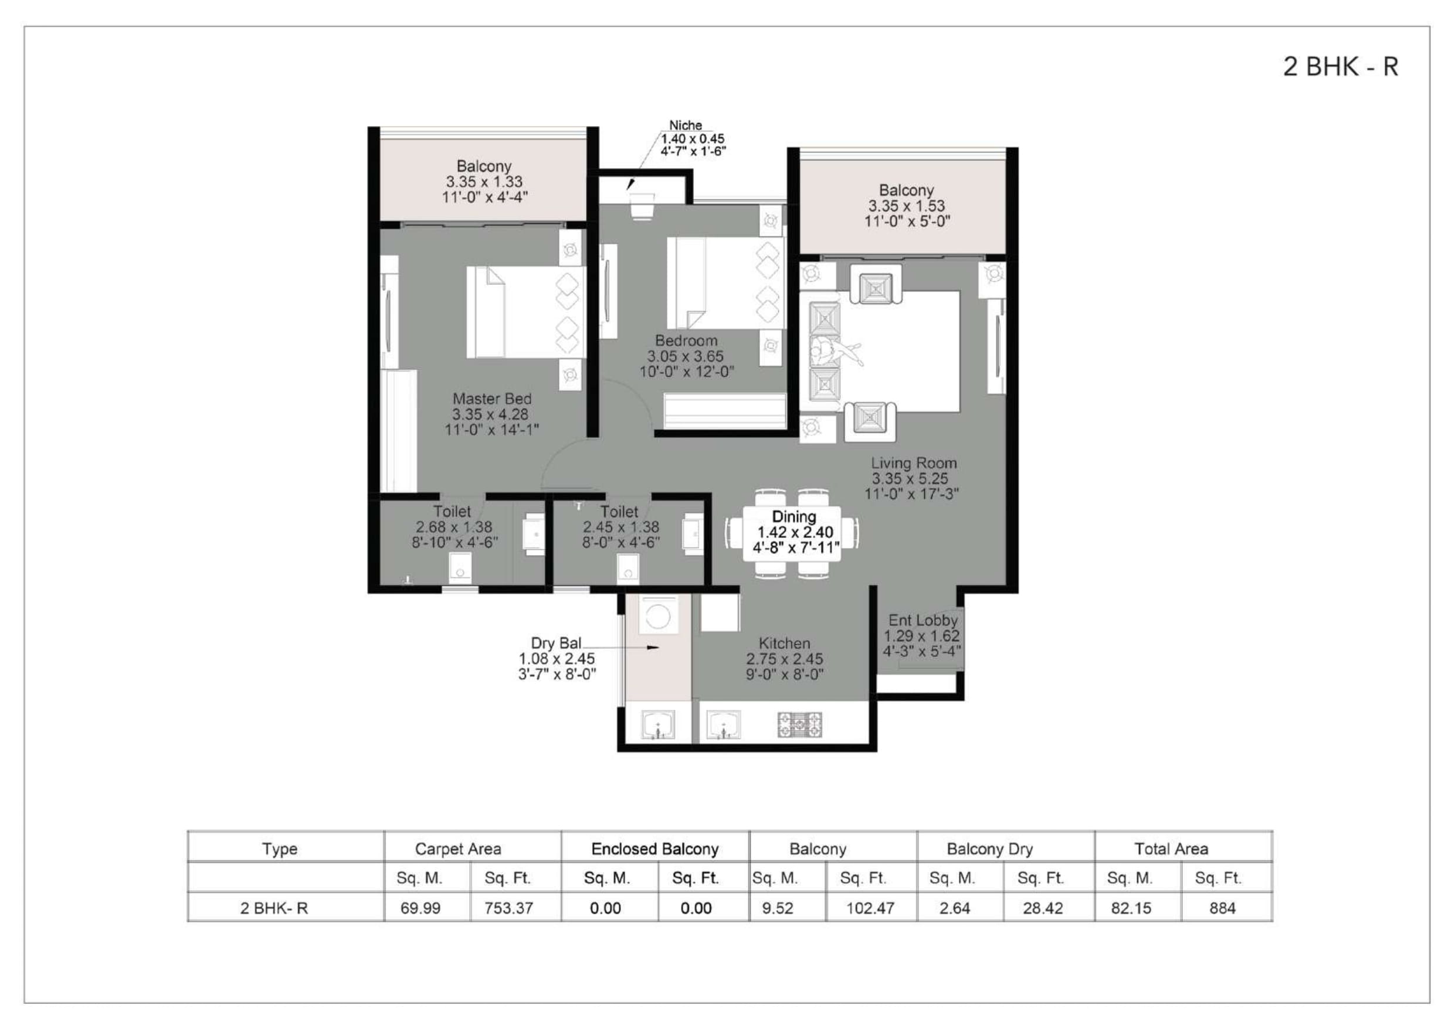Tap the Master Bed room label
pyautogui.click(x=492, y=414)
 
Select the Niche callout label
pyautogui.click(x=693, y=138)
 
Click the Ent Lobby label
pyautogui.click(x=922, y=635)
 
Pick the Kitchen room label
pyautogui.click(x=785, y=659)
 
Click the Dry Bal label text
pyautogui.click(x=557, y=659)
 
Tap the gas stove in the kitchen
pyautogui.click(x=800, y=724)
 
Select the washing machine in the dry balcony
pyautogui.click(x=659, y=614)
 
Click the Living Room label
pyautogui.click(x=913, y=478)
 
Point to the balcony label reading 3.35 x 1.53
pyautogui.click(x=907, y=206)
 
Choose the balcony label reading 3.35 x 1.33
pyautogui.click(x=485, y=182)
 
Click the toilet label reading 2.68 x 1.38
pyautogui.click(x=455, y=527)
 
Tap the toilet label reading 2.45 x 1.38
pyautogui.click(x=620, y=527)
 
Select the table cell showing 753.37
pyautogui.click(x=508, y=908)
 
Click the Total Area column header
pyautogui.click(x=1171, y=849)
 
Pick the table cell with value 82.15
pyautogui.click(x=1131, y=908)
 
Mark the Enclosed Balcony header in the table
pyautogui.click(x=654, y=849)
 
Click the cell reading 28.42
pyautogui.click(x=1043, y=908)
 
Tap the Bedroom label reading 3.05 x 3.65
pyautogui.click(x=686, y=356)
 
